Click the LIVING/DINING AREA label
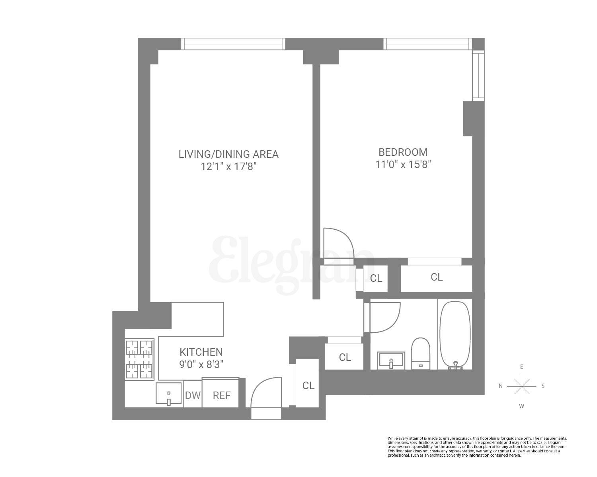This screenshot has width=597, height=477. pyautogui.click(x=228, y=154)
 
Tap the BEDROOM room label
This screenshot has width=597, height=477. pyautogui.click(x=403, y=152)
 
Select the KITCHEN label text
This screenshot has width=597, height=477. pyautogui.click(x=201, y=352)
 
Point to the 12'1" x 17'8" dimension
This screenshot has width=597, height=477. pyautogui.click(x=228, y=167)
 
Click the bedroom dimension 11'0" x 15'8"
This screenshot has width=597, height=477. pyautogui.click(x=403, y=164)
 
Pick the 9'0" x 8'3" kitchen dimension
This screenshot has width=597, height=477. pyautogui.click(x=201, y=364)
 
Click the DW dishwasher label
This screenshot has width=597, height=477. pyautogui.click(x=193, y=396)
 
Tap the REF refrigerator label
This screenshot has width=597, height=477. pyautogui.click(x=221, y=396)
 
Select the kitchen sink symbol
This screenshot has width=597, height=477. pyautogui.click(x=169, y=394)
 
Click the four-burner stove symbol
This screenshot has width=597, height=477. pyautogui.click(x=140, y=359)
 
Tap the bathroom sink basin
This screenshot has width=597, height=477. pyautogui.click(x=391, y=360)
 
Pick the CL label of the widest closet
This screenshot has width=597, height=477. pyautogui.click(x=437, y=277)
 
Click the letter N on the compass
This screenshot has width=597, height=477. pyautogui.click(x=501, y=386)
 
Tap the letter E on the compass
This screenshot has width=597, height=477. pyautogui.click(x=521, y=367)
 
